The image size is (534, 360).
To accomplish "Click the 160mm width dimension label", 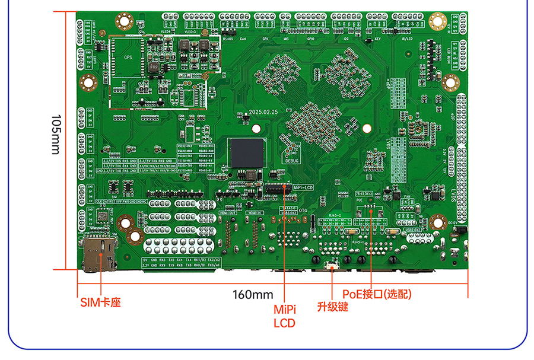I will tap(253, 294).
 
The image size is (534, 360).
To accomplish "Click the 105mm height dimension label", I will tap(55, 135).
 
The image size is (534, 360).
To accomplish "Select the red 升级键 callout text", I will tap(332, 307).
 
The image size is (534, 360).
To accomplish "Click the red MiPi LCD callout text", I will tap(284, 316).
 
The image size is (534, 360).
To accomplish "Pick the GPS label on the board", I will tap(128, 58).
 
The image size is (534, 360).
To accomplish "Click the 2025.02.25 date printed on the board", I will tap(263, 112).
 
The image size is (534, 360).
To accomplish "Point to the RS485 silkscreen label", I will tap(227, 39).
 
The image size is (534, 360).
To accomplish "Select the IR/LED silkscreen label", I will tap(408, 39).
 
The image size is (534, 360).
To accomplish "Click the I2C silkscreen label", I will tap(346, 39).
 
